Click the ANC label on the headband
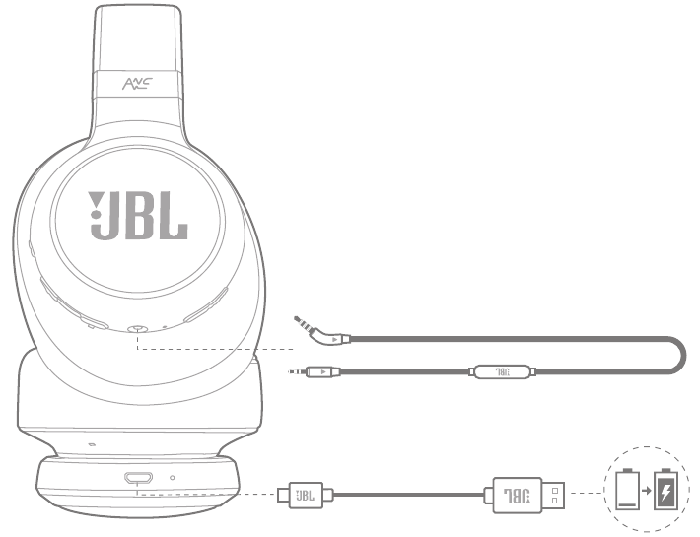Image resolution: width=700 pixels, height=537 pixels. point(137,84)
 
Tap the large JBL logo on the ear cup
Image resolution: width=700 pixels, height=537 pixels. point(137,216)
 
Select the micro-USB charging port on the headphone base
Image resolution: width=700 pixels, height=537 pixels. point(138,478)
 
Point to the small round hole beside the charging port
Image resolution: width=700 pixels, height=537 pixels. point(173,478)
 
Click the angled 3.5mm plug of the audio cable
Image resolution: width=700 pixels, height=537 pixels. point(321,332)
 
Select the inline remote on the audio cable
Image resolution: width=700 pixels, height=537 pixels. point(503,371)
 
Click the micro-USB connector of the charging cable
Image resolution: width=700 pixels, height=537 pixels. point(306,495)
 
